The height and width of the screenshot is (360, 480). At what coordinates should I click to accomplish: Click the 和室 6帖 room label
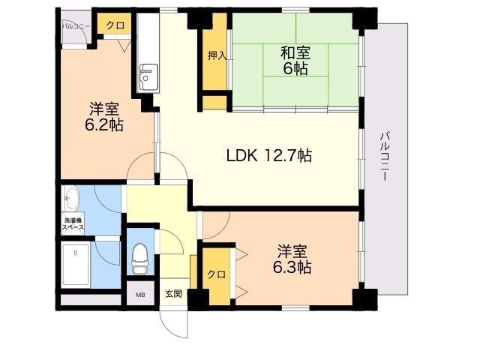pos(295,60)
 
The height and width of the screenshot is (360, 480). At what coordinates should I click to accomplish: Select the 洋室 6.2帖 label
pos(104,115)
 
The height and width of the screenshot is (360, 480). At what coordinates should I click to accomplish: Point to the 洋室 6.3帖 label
pos(292,259)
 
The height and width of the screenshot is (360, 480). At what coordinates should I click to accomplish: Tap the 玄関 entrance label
pos(173,294)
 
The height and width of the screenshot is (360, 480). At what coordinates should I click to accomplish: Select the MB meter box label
pos(140,295)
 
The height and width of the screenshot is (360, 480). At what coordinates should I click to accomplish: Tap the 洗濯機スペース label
pos(73,223)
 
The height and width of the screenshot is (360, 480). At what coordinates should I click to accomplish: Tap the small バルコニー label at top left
pos(76,25)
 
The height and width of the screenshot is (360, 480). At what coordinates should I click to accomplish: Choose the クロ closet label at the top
pos(115,25)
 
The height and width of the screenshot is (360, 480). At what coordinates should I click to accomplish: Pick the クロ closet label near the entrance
pos(216,274)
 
